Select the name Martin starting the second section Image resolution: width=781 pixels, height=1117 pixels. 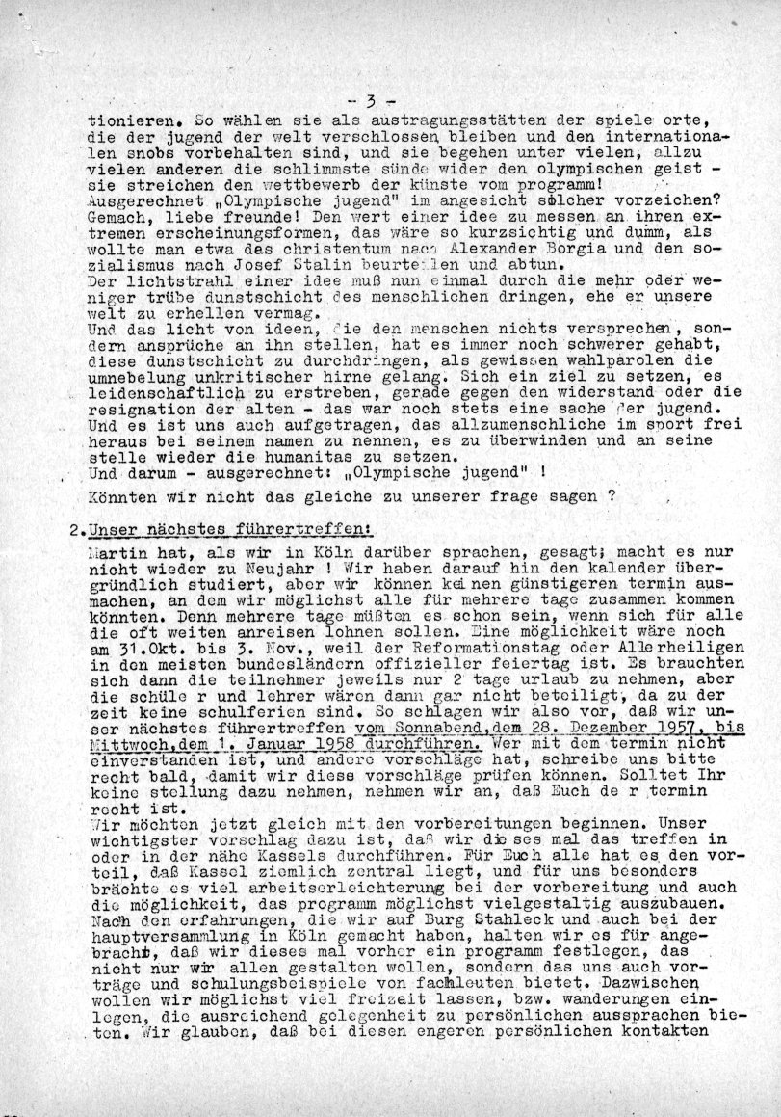coord(115,552)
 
